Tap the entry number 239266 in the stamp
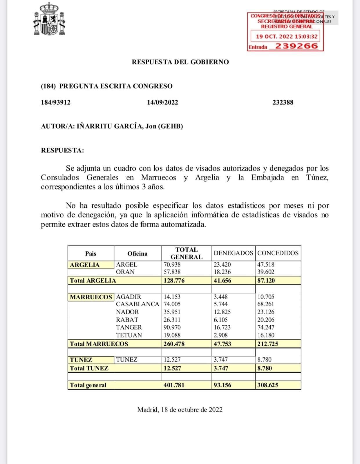click(x=296, y=46)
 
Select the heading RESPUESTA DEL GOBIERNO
click(x=180, y=62)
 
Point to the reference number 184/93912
click(x=56, y=102)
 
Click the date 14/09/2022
click(x=162, y=102)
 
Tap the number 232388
click(x=283, y=102)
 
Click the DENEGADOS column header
click(x=233, y=253)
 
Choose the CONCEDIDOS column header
click(x=278, y=253)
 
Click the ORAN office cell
click(x=125, y=272)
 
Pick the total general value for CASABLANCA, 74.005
click(x=172, y=304)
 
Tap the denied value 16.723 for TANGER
click(x=221, y=327)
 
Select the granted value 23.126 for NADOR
click(x=266, y=312)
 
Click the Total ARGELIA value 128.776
click(x=174, y=280)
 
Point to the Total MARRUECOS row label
click(x=99, y=344)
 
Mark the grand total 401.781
click(x=174, y=385)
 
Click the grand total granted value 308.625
click(x=268, y=385)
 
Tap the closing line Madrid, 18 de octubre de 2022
click(x=180, y=409)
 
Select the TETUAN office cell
click(x=129, y=335)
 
